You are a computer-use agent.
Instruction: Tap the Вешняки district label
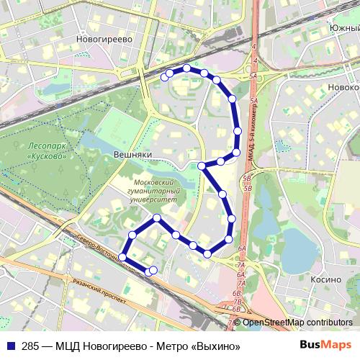[131, 154]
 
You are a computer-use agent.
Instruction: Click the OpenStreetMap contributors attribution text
[297, 323]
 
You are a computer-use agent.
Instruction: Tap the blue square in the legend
[9, 346]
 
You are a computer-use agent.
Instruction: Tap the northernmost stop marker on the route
[186, 68]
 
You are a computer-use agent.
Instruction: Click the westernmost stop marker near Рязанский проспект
[122, 257]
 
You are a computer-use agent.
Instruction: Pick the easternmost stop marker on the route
[238, 131]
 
